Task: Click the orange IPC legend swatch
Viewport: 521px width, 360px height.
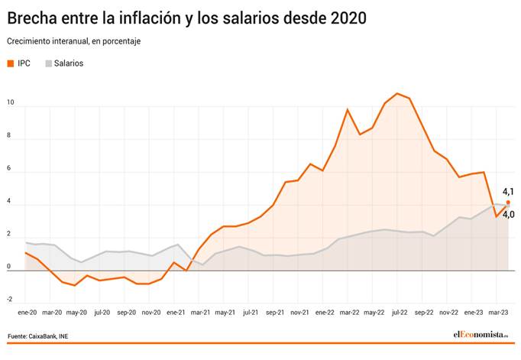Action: (11, 63)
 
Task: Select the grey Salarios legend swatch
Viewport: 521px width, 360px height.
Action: (50, 63)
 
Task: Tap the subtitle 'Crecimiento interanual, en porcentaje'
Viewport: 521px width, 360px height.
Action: (73, 41)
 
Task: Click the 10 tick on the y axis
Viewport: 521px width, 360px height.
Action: (10, 101)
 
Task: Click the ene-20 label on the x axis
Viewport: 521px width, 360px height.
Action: (27, 313)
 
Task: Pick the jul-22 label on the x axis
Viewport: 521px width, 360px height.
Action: (398, 313)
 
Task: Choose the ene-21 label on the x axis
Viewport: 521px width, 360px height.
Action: (176, 313)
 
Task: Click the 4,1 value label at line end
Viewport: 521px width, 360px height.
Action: (508, 192)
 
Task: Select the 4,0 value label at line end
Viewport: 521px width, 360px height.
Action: (508, 215)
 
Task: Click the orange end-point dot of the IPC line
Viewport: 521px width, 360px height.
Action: (508, 203)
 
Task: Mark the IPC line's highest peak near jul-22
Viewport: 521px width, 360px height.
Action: (397, 93)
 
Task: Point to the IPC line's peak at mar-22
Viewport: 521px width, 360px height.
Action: (348, 109)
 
